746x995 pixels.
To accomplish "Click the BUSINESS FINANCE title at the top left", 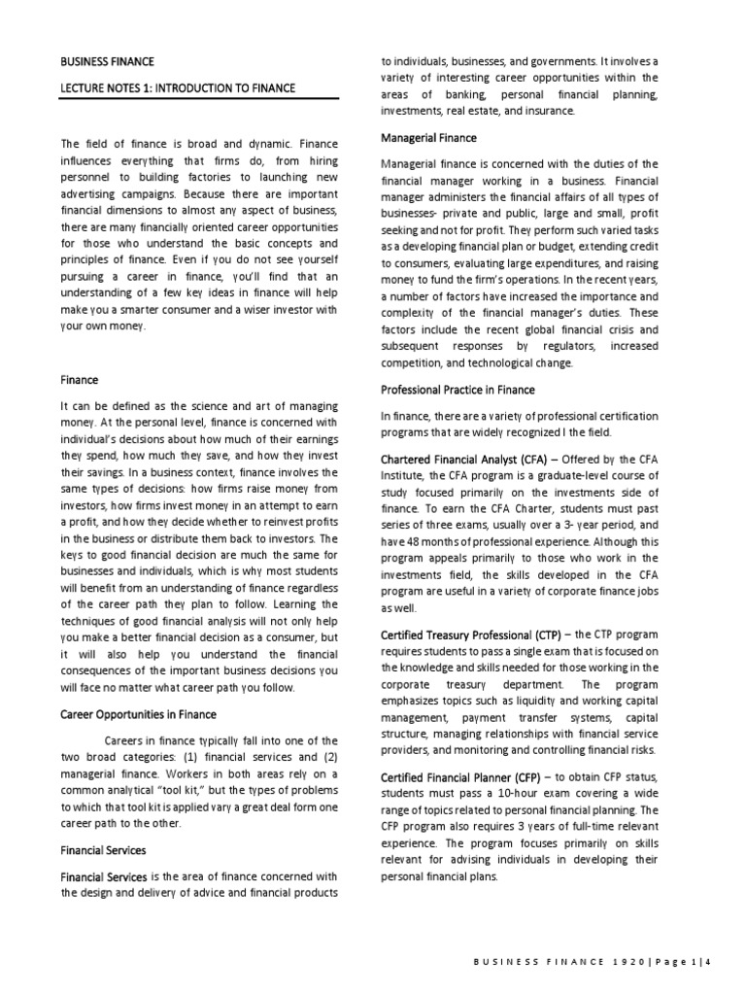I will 107,62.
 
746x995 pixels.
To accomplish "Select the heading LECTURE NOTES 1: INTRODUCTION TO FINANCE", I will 178,88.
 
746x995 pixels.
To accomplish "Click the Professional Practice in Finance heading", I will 457,390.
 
